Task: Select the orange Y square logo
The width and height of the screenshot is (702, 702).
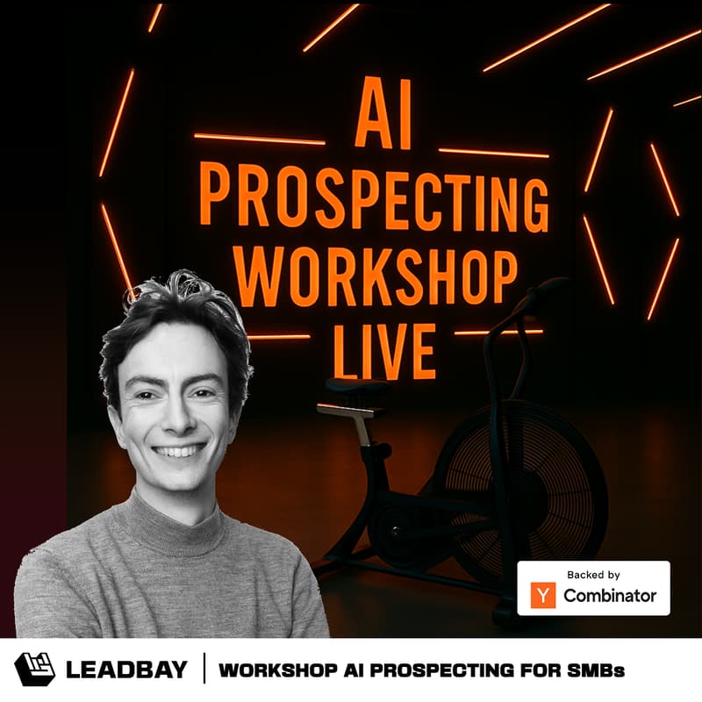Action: [544, 595]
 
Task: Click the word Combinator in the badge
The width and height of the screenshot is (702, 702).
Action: [609, 596]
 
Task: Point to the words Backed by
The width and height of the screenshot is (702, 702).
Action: [593, 575]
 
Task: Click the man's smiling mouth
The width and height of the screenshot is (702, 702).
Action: [179, 451]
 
